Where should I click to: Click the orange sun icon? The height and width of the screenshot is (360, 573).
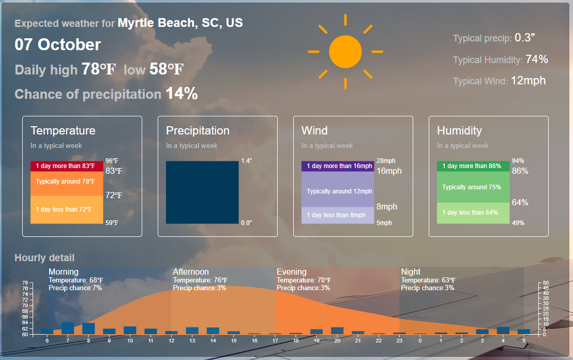pos(345,52)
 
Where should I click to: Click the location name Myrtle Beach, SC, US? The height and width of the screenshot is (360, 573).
pos(180,23)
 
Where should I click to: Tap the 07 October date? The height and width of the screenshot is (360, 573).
pos(58,44)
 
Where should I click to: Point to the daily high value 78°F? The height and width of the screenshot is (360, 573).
pos(98,69)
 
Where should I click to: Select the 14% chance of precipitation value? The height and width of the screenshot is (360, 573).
pos(182,94)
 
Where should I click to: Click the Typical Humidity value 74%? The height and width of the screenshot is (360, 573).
pos(536,59)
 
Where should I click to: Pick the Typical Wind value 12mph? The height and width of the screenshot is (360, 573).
pos(528,80)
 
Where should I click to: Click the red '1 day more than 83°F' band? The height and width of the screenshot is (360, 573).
pos(67,166)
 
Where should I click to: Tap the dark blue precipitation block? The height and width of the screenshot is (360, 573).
pos(202,192)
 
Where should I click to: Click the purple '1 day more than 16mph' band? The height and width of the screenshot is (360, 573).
pos(338,166)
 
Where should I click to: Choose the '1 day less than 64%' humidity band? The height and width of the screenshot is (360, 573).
pos(473,213)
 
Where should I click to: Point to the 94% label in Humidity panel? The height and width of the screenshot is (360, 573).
pos(518,161)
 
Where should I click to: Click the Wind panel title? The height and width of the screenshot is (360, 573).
pos(314,130)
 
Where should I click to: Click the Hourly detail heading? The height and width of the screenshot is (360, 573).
pos(44,258)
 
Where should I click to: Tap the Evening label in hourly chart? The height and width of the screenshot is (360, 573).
pos(291,272)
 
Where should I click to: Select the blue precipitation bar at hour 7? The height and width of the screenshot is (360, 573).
pos(68,328)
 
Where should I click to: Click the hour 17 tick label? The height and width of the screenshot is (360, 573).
pos(275,341)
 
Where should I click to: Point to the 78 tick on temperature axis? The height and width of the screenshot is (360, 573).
pos(25,283)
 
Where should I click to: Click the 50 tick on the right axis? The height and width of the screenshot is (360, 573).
pos(546,283)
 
